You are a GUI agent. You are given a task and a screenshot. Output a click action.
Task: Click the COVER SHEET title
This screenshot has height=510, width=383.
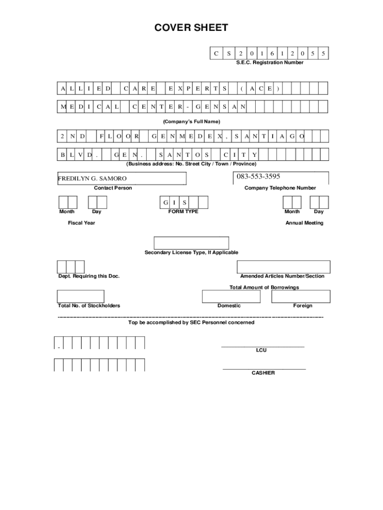[x=191, y=28]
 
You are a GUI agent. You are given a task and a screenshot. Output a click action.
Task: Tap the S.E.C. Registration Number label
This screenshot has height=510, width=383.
[x=270, y=63]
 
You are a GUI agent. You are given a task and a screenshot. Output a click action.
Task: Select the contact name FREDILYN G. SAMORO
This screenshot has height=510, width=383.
[x=93, y=178]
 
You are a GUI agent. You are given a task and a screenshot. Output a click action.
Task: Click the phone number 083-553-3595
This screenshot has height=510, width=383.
[x=258, y=176]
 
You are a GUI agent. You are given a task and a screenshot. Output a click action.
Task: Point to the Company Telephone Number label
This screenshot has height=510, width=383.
[x=280, y=188]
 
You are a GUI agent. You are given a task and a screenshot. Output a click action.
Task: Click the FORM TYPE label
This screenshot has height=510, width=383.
[x=183, y=212]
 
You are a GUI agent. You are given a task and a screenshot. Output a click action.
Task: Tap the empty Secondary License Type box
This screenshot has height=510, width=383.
[x=191, y=243]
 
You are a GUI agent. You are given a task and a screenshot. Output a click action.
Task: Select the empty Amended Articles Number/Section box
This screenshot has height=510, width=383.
[x=284, y=267]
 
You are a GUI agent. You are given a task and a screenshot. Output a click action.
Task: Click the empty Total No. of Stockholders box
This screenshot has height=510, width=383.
[x=81, y=296]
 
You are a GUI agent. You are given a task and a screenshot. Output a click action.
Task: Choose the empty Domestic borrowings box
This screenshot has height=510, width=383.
[x=231, y=296]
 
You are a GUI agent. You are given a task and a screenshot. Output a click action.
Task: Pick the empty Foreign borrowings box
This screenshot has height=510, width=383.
[x=301, y=296]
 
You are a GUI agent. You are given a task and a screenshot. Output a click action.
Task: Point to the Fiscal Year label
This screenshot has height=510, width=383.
[x=82, y=223]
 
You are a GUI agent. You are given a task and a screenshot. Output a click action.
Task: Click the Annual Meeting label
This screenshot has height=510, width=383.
[x=304, y=223]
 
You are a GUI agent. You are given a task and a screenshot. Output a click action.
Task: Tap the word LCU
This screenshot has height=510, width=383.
[x=262, y=350]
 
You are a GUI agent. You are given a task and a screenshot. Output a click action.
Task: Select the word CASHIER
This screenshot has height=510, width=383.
[x=263, y=373]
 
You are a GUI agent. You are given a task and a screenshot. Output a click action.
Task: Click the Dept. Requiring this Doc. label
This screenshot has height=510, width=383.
[x=89, y=276]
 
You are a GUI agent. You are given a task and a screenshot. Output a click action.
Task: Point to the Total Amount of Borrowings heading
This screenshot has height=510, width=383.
[x=264, y=287]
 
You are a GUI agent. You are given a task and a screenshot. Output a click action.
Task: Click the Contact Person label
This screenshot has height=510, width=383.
[x=113, y=188]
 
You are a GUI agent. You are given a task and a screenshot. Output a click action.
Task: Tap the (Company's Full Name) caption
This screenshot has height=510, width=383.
[x=191, y=122]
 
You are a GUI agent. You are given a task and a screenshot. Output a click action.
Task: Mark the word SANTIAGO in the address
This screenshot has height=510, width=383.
[x=269, y=136]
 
